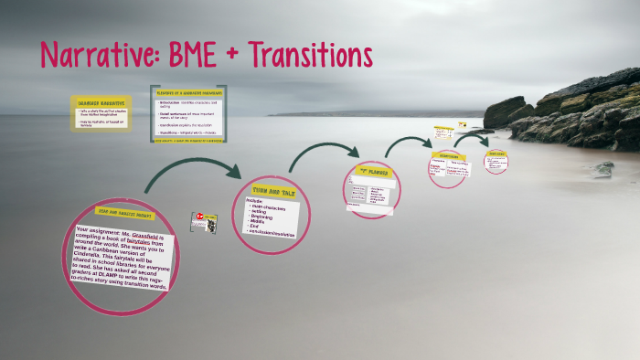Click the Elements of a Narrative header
(187, 92)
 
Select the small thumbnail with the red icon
(203, 221)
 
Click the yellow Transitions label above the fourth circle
(448, 155)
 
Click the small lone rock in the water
(603, 168)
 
